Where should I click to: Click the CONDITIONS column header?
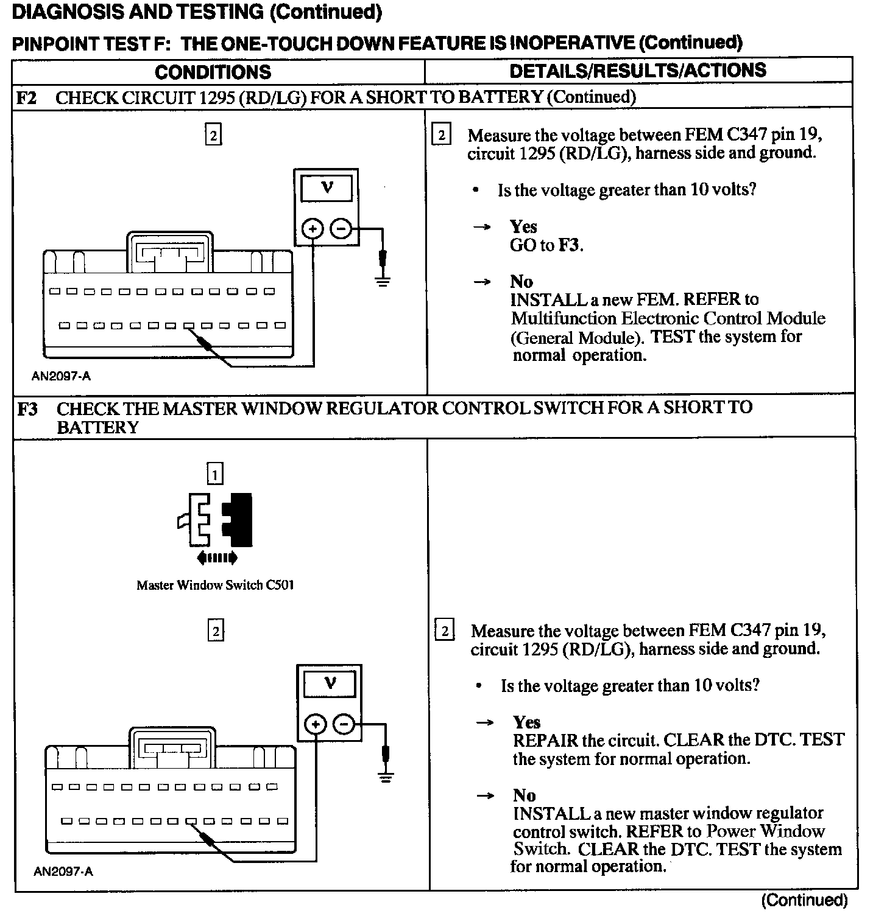[213, 72]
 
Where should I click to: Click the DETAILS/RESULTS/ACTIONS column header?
[637, 71]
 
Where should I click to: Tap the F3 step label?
[27, 408]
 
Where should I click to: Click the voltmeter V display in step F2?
[327, 188]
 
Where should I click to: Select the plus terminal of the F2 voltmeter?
[313, 229]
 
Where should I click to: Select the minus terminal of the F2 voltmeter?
[341, 229]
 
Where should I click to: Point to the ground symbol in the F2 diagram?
[383, 281]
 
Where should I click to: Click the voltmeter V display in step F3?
[330, 683]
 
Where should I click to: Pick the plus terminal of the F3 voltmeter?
[316, 724]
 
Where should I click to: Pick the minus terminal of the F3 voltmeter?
[344, 724]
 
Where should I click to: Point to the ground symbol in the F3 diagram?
[385, 776]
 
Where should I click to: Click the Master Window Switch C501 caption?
[215, 585]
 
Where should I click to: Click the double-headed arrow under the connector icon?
[216, 557]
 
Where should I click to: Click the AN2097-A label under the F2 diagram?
[61, 376]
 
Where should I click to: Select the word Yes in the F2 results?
[523, 227]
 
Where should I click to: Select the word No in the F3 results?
[524, 795]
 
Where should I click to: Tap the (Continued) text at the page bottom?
[804, 900]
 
